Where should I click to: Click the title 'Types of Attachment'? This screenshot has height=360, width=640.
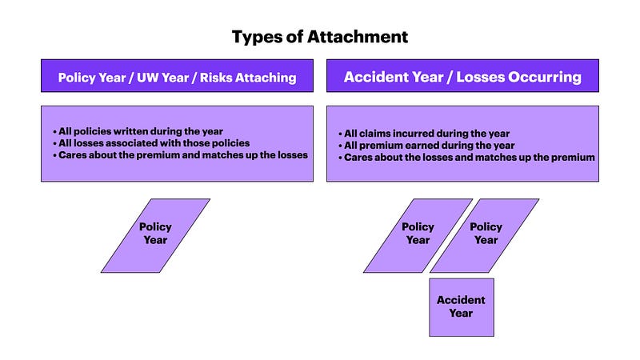coord(320,37)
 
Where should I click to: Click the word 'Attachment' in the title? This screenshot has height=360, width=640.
coord(358,37)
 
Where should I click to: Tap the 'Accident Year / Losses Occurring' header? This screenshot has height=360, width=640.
coord(462,76)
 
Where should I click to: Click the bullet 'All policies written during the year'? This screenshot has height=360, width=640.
coord(138,131)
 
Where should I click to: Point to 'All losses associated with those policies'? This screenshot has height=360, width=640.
coord(151,143)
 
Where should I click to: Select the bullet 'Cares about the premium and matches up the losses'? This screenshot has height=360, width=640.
coord(181,155)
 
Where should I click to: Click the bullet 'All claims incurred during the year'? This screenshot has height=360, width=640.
coord(424,134)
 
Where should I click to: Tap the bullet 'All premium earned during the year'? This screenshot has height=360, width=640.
coord(426,146)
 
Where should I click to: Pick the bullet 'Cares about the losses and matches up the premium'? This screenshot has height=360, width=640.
coord(466,157)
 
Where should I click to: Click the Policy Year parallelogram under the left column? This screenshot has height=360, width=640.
coord(155,235)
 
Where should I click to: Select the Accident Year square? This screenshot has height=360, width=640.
coord(462,307)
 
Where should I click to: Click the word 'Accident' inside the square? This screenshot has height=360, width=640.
coord(462,300)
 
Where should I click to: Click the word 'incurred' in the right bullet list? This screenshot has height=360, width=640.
coord(411,134)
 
